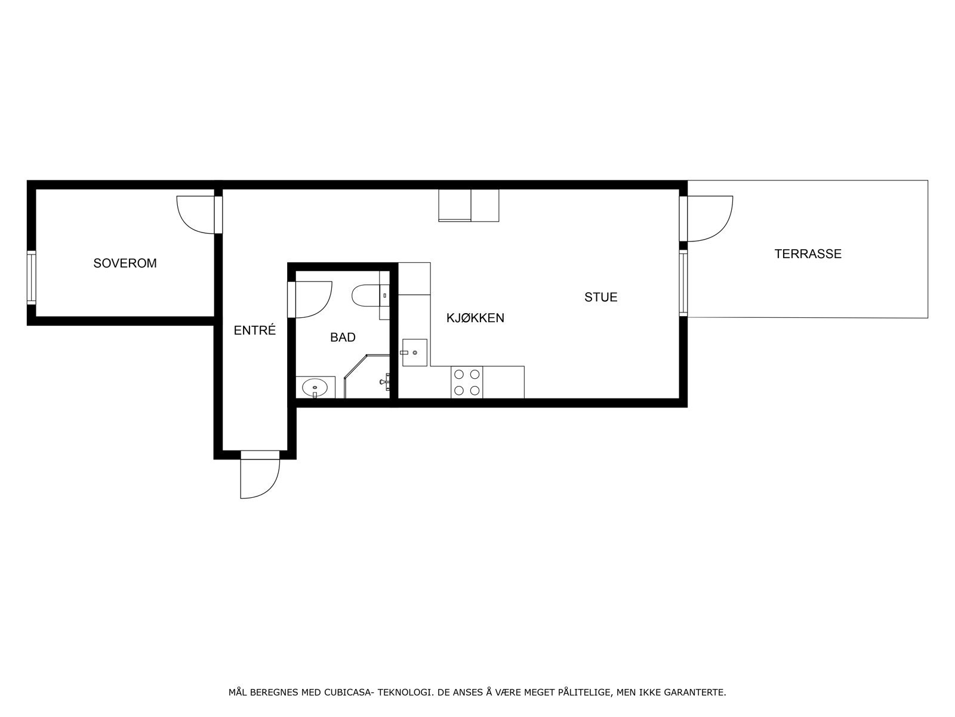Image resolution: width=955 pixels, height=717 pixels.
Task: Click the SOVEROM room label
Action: [125, 263]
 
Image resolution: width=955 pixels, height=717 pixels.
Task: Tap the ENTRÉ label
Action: [255, 330]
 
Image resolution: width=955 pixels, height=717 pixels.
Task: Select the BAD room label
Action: [343, 337]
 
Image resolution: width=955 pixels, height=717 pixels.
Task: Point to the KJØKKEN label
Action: [475, 318]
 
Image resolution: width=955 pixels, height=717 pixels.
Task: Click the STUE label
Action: [600, 297]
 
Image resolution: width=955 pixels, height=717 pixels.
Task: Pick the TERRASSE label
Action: [808, 253]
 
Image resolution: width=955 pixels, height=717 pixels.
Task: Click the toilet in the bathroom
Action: [365, 295]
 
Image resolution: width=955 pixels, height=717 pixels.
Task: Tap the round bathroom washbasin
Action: [315, 388]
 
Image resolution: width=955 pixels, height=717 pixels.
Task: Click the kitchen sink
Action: [414, 352]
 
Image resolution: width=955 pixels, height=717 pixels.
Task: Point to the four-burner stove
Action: [467, 382]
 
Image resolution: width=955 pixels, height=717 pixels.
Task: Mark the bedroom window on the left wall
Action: [31, 278]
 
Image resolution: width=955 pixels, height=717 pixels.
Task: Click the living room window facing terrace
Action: [683, 282]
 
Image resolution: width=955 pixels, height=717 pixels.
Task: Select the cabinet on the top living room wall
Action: [469, 205]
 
